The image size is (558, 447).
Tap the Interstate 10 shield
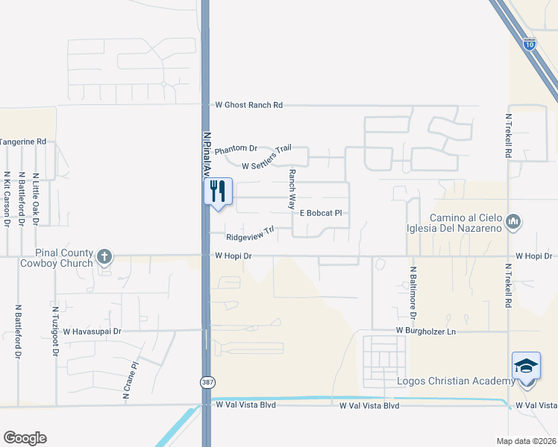529,45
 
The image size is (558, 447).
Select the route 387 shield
206,381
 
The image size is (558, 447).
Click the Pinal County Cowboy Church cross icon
104,257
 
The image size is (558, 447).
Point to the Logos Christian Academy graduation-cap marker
526,367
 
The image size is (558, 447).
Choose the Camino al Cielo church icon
513,221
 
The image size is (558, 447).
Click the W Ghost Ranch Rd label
249,106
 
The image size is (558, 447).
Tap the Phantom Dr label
236,150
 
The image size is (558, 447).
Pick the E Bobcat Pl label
321,213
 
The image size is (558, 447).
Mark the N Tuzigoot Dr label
55,331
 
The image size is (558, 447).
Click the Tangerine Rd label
23,142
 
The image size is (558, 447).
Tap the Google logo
25,438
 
